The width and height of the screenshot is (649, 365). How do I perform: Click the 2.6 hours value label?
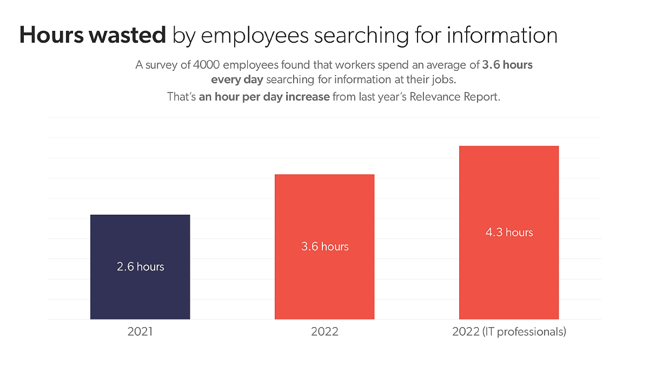coord(140,267)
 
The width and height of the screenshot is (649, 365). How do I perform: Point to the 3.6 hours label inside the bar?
coord(325,247)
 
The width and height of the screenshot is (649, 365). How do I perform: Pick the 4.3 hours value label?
coord(509,233)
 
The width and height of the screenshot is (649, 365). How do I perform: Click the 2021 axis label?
coord(140,331)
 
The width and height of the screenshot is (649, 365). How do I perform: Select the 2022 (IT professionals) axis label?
coord(509,331)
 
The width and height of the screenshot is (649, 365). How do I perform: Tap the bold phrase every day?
coord(237,80)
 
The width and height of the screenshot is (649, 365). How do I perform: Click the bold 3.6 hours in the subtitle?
coord(507,65)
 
